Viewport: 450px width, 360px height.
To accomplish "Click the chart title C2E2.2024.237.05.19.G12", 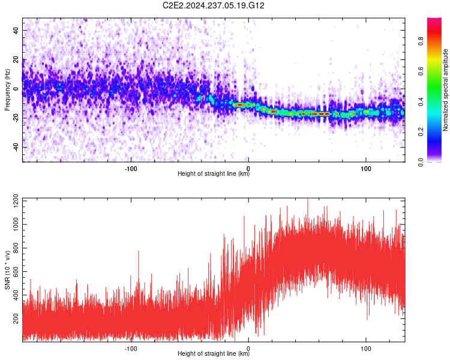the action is click(x=214, y=5).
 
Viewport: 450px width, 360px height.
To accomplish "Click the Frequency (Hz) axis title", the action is click(x=7, y=90).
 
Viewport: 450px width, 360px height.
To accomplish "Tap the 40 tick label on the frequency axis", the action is click(x=16, y=30).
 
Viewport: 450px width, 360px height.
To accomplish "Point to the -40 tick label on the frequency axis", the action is click(x=16, y=148).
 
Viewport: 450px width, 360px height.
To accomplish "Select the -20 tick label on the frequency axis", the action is click(x=16, y=119).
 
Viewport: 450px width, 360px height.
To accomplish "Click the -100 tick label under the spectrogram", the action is click(x=131, y=169).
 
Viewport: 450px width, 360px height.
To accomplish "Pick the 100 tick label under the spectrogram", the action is click(x=365, y=169).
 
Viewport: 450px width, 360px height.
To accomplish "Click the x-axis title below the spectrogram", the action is click(x=214, y=173).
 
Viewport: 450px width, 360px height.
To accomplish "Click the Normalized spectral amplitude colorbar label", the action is click(x=445, y=90).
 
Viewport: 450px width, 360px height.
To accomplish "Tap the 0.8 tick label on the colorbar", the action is click(x=421, y=41).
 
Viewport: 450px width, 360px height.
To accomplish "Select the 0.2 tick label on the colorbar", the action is click(x=421, y=132).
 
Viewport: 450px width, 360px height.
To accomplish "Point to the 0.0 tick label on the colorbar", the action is click(x=421, y=162).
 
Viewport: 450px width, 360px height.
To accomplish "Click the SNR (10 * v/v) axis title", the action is click(x=7, y=270).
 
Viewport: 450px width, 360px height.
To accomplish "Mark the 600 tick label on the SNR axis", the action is click(x=16, y=271).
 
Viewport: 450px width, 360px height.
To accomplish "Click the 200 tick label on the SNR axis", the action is click(x=16, y=318).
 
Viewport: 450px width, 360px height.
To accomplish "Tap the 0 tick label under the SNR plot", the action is click(x=248, y=349).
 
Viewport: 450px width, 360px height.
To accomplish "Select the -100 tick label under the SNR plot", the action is click(x=131, y=349).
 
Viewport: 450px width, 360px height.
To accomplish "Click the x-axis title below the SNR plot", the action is click(x=214, y=353).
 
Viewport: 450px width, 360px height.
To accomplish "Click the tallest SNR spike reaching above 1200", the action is click(x=308, y=201).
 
